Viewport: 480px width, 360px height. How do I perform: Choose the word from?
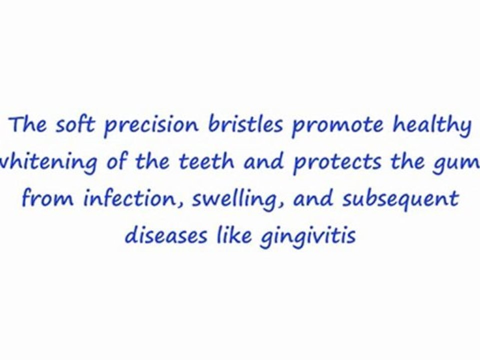coord(48,198)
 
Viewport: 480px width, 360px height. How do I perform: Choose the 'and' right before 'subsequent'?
coord(314,198)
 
